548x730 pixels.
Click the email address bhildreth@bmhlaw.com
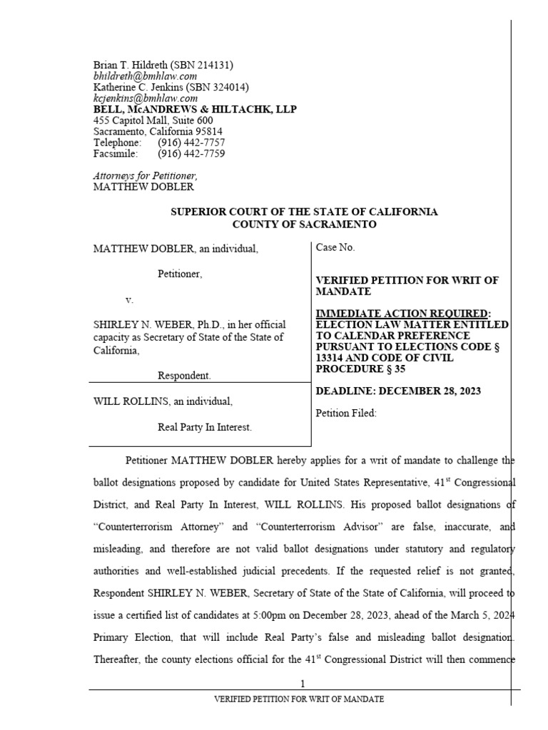click(145, 76)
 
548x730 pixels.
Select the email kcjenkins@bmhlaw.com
click(146, 98)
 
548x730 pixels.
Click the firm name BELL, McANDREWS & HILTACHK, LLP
click(195, 110)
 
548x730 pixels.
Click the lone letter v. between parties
click(129, 299)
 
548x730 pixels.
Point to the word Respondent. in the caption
click(183, 375)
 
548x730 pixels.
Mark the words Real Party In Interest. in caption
click(204, 428)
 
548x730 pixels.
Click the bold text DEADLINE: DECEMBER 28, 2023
click(398, 391)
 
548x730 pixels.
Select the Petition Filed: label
click(345, 413)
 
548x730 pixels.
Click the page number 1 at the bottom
click(303, 684)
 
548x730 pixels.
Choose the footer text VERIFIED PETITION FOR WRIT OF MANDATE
click(299, 699)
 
